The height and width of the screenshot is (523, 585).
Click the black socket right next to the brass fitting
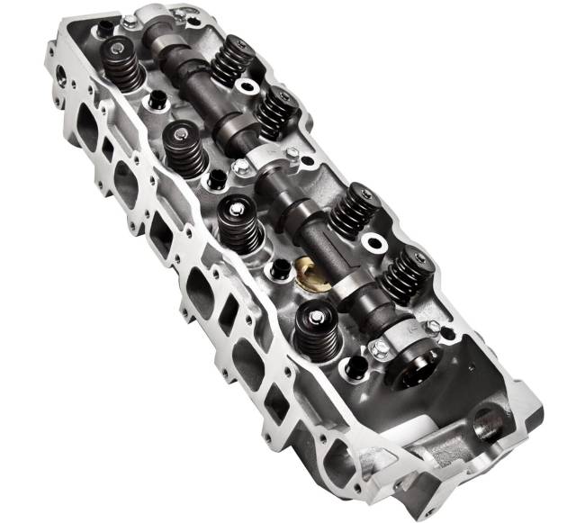[x=280, y=266]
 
